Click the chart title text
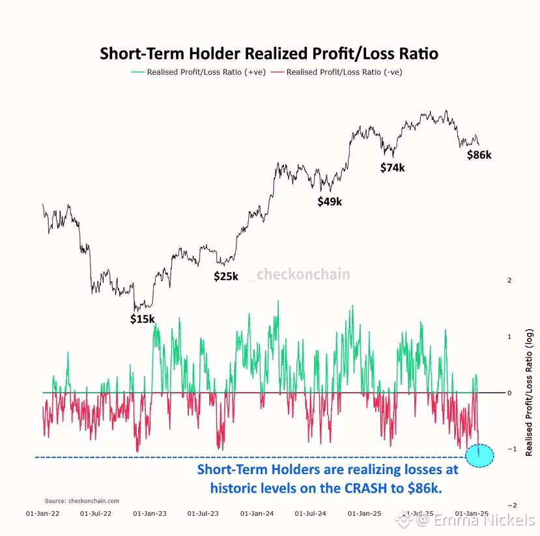(x=269, y=53)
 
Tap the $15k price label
(x=142, y=319)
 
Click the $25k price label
(x=226, y=276)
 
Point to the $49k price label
(x=330, y=202)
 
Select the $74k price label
(x=393, y=168)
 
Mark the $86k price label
(x=479, y=156)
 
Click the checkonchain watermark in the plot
(x=303, y=275)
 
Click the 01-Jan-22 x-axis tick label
(x=42, y=514)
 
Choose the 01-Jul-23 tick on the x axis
(x=203, y=514)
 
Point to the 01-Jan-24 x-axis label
(x=257, y=514)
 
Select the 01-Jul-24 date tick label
(x=310, y=514)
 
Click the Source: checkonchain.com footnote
(x=82, y=501)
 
